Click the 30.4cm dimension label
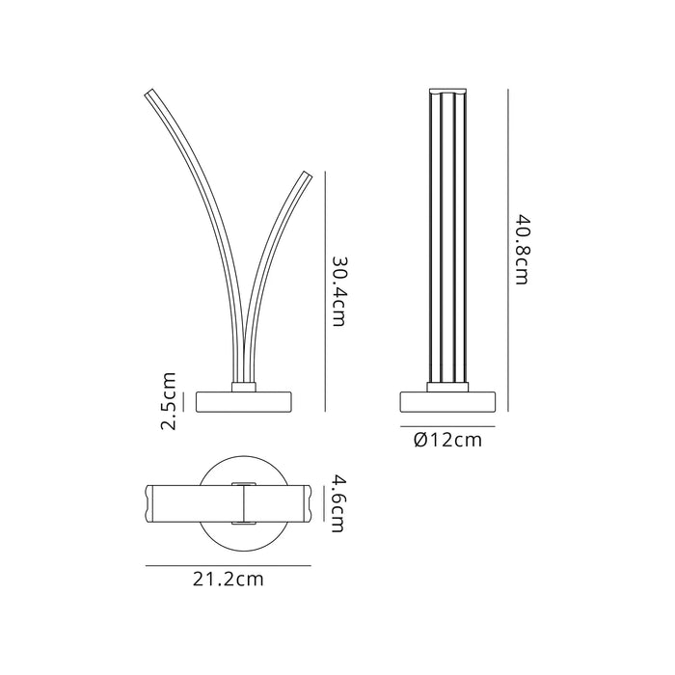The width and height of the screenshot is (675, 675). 338,291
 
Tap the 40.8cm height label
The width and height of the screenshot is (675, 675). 521,249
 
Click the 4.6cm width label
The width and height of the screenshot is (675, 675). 337,502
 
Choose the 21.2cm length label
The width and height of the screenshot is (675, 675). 229,580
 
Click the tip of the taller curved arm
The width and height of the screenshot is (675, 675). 150,93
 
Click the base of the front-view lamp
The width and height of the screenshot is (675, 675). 244,400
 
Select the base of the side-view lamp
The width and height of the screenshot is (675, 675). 446,401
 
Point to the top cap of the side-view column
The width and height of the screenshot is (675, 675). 446,93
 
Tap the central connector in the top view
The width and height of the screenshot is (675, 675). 244,502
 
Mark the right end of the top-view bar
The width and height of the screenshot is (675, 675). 308,501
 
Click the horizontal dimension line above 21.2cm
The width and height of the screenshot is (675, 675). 229,566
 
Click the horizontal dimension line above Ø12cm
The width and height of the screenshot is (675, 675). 447,426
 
